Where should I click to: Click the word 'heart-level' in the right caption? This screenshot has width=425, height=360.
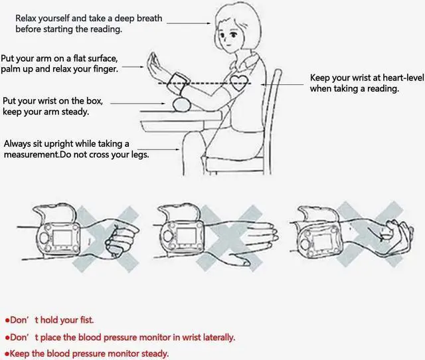click(403, 78)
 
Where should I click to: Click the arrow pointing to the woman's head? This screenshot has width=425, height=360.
click(189, 23)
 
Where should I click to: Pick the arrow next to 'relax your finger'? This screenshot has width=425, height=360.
click(133, 66)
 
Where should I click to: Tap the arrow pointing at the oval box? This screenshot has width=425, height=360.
click(137, 103)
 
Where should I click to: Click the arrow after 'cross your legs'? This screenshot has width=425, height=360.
click(158, 149)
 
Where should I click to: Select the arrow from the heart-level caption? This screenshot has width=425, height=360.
click(282, 85)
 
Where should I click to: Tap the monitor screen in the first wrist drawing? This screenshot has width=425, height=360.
click(62, 238)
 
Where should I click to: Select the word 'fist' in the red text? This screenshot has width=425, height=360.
click(87, 320)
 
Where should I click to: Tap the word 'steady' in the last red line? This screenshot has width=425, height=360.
click(155, 354)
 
